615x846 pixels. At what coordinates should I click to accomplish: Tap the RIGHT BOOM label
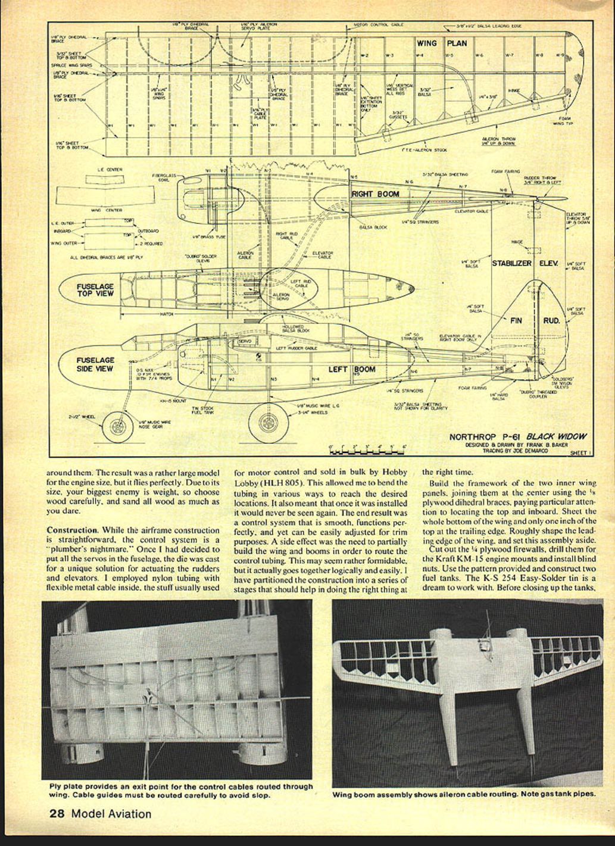tap(375, 194)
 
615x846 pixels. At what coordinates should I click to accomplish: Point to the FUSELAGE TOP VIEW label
tap(95, 290)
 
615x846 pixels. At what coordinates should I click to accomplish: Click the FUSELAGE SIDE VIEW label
tap(95, 364)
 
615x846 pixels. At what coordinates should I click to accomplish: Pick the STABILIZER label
tap(511, 263)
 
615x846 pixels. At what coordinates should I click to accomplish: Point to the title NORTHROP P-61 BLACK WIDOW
tap(517, 436)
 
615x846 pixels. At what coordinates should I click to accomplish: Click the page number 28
tap(57, 814)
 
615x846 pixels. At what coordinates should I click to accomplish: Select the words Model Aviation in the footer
tap(111, 814)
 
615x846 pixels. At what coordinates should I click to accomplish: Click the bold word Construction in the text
tap(72, 529)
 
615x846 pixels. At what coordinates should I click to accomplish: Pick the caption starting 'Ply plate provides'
tap(180, 790)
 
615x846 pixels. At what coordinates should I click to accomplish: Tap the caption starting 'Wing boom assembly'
tap(464, 794)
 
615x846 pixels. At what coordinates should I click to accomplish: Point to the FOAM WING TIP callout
tap(562, 122)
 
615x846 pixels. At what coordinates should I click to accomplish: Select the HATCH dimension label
tap(166, 314)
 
